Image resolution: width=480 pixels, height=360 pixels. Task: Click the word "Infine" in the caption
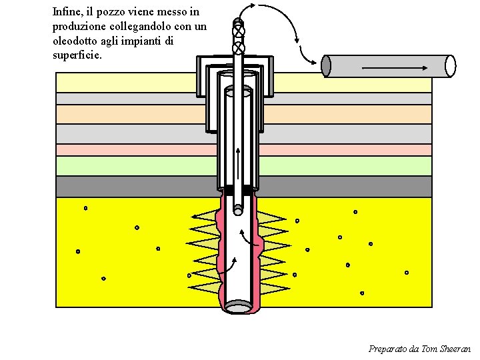(x=67, y=12)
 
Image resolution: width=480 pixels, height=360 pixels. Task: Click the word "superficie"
(x=77, y=55)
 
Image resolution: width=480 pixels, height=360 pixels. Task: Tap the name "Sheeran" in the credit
(x=456, y=349)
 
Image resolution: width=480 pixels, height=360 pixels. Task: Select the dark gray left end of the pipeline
(x=326, y=65)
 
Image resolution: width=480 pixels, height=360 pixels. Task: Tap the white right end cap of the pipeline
(x=451, y=65)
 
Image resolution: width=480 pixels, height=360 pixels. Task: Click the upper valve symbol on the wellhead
(x=239, y=30)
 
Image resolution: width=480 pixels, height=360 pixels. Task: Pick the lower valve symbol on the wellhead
(x=239, y=47)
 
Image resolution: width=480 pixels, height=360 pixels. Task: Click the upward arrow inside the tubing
(x=238, y=163)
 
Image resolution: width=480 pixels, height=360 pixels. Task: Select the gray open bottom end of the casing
(x=238, y=307)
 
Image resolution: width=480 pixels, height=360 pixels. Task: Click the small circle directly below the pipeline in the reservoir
(x=355, y=212)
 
